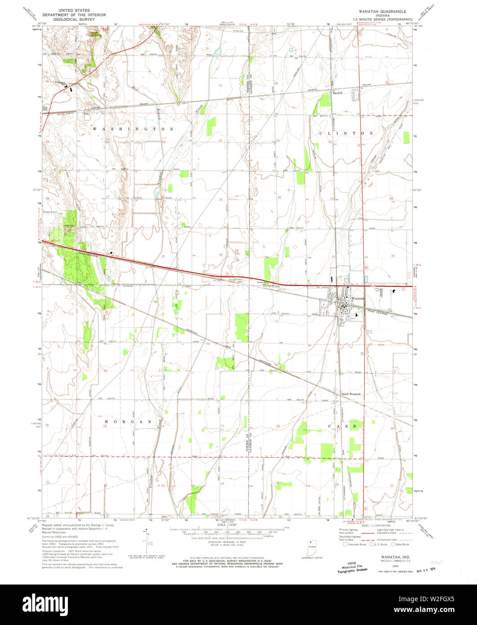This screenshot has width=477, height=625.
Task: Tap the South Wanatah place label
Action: click(351, 394)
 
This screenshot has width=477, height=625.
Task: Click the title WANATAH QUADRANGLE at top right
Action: click(386, 10)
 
